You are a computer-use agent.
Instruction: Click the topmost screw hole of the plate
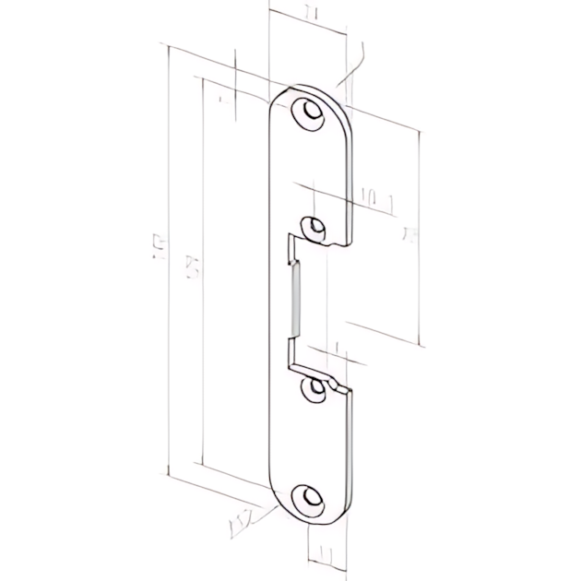[x=309, y=114]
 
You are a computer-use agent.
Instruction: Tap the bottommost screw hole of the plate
[x=309, y=499]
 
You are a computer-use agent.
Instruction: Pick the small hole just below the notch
[x=318, y=389]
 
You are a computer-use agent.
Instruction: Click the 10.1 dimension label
[x=373, y=196]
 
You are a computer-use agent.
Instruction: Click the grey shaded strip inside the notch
[x=293, y=297]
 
